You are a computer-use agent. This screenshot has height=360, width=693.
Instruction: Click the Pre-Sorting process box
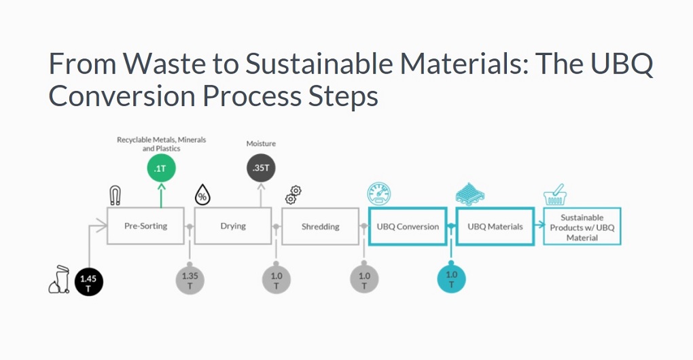(145, 226)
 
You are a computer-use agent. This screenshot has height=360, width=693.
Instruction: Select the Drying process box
(233, 226)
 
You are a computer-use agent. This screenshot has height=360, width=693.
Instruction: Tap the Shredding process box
(320, 226)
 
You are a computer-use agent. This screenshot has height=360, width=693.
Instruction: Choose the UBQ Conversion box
(408, 226)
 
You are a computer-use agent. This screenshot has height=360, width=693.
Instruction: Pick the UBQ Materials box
(495, 226)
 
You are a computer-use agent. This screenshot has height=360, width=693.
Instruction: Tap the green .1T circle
(161, 168)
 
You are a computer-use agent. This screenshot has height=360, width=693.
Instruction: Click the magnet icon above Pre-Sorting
(116, 196)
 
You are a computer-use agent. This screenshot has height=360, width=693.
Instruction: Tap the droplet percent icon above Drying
(203, 195)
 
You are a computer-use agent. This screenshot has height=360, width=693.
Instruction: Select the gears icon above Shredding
(293, 194)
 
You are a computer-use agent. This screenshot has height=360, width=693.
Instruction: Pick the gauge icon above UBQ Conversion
(377, 194)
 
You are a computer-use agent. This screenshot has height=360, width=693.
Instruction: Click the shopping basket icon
(556, 195)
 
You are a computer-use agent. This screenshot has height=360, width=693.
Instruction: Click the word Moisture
(261, 144)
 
